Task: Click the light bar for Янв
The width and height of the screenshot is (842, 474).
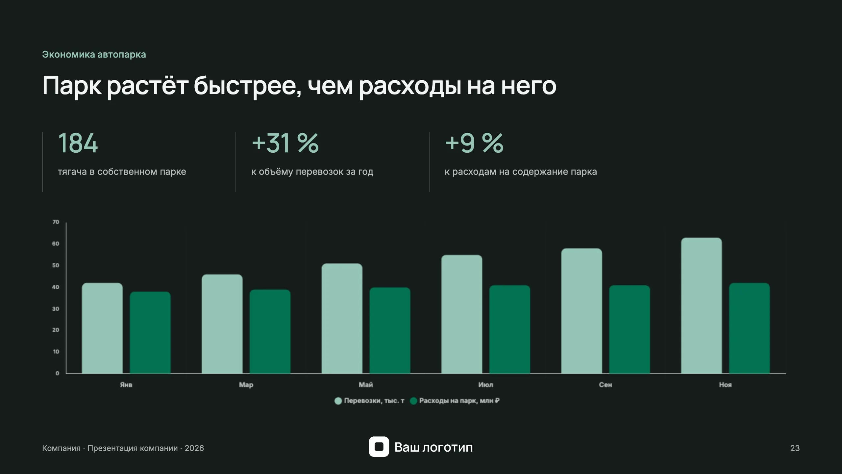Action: click(102, 328)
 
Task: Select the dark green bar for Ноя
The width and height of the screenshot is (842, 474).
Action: click(749, 328)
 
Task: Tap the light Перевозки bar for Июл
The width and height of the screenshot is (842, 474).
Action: click(462, 314)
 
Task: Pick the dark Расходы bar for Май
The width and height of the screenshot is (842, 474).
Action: click(390, 330)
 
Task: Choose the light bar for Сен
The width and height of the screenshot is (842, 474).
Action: click(582, 311)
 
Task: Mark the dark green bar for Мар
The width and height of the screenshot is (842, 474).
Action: click(270, 331)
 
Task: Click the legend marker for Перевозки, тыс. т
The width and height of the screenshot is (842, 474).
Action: click(338, 401)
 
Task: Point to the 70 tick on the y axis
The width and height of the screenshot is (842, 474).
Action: click(56, 222)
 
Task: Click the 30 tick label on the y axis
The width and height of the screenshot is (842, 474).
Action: click(56, 309)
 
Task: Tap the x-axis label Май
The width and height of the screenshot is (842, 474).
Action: click(366, 384)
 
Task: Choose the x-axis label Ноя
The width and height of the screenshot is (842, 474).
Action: click(725, 384)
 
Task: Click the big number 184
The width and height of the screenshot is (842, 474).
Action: click(78, 143)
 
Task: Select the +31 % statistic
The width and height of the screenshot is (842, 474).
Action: click(285, 143)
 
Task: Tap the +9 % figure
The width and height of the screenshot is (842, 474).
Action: click(474, 143)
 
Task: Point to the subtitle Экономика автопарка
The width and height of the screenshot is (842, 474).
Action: click(94, 54)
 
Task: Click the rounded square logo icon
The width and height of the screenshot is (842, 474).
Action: click(379, 447)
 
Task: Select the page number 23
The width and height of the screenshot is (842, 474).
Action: click(795, 448)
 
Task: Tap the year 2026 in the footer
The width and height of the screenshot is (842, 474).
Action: click(194, 448)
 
